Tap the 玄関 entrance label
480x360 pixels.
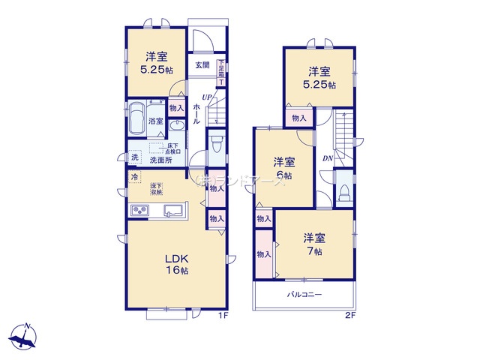(202, 65)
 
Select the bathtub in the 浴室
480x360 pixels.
(136, 117)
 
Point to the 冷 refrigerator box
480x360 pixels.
(134, 177)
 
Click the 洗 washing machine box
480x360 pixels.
(134, 157)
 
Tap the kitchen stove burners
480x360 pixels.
(140, 209)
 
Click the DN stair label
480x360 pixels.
(328, 158)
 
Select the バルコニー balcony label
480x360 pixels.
(304, 295)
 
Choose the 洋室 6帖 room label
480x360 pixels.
(283, 168)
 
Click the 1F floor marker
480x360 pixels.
(222, 316)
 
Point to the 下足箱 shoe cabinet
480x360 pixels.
(222, 71)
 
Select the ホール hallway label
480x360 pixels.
(196, 112)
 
